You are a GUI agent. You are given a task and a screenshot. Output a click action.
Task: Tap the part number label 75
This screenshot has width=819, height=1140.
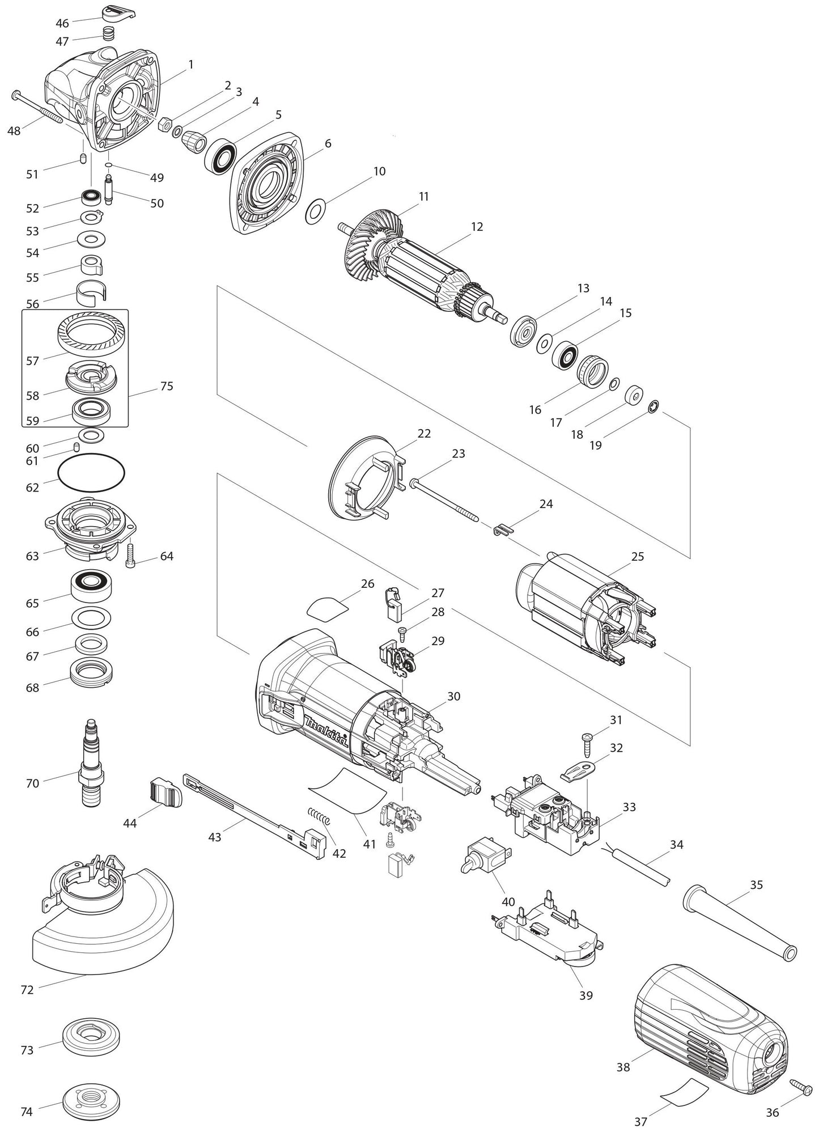click(167, 387)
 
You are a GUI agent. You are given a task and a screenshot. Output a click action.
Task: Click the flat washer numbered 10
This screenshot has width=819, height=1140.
click(316, 211)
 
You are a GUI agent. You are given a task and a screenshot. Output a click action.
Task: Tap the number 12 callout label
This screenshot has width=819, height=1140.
click(477, 227)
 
